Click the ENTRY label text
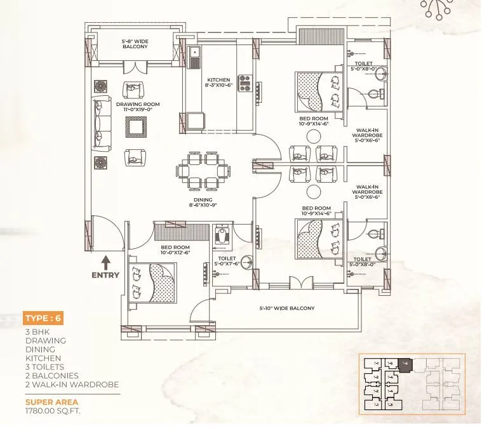(105, 275)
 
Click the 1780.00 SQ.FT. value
(53, 411)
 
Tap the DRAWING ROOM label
(138, 107)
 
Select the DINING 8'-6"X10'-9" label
(203, 203)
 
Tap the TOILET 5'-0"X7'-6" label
(226, 261)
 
